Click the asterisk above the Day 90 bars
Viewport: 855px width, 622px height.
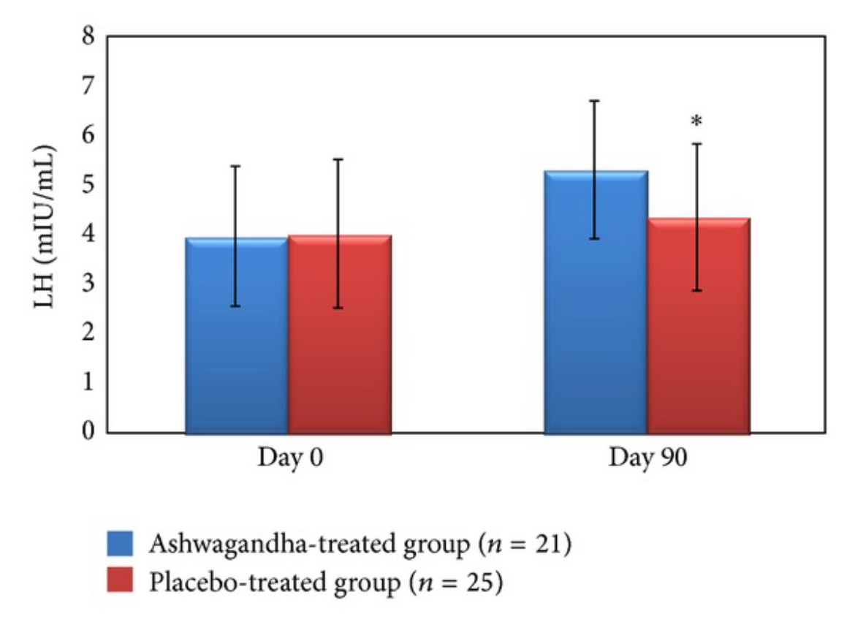click(x=696, y=121)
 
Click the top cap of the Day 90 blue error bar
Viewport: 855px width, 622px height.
click(x=595, y=101)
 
